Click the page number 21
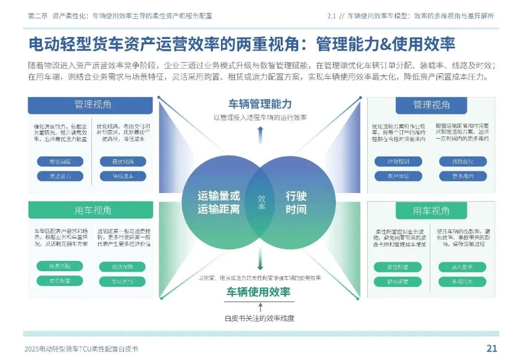tap(491, 348)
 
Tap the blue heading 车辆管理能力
tap(260, 104)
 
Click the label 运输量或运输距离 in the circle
tap(218, 203)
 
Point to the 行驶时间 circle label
tap(296, 203)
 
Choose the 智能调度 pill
tap(60, 162)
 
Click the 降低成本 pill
tap(123, 176)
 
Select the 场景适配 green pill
tap(60, 266)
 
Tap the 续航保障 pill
tap(122, 267)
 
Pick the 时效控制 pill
tap(398, 162)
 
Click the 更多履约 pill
tap(463, 176)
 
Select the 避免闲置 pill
tap(398, 282)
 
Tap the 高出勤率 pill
tap(462, 267)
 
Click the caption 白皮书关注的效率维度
tap(260, 318)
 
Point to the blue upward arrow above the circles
tap(260, 133)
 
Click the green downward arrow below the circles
tap(260, 262)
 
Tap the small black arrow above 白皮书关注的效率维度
tap(260, 307)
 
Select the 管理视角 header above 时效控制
tap(431, 105)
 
